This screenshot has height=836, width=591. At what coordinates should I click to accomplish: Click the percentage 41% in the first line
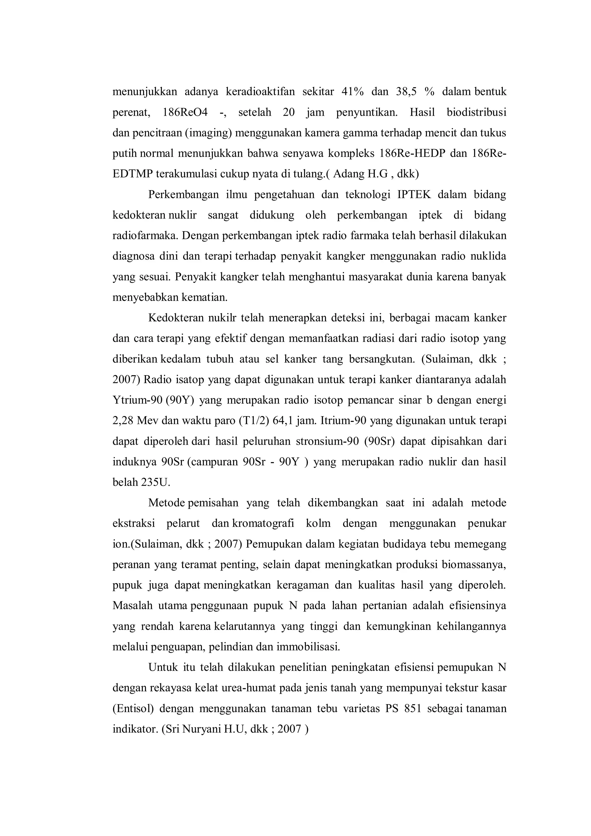[x=352, y=92]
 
